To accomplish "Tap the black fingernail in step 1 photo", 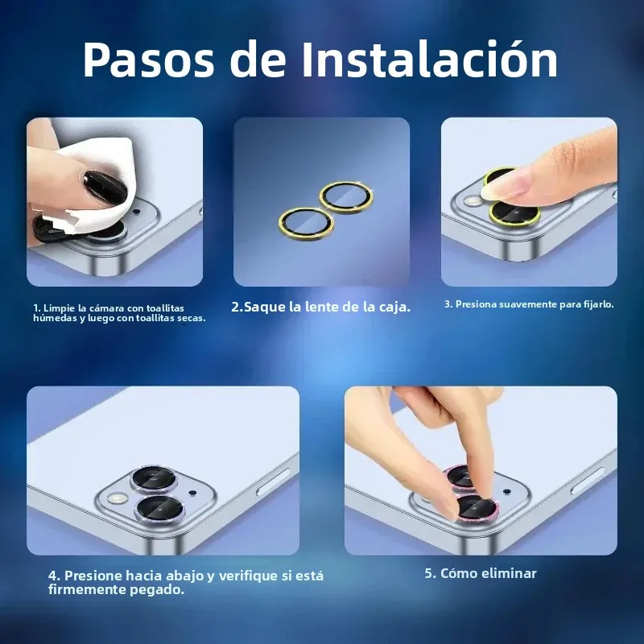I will (104, 186).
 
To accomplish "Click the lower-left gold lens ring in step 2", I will (306, 221).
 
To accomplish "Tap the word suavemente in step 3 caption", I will (526, 304).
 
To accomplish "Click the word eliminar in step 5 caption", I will (510, 573).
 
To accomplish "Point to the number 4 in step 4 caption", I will (52, 576).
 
